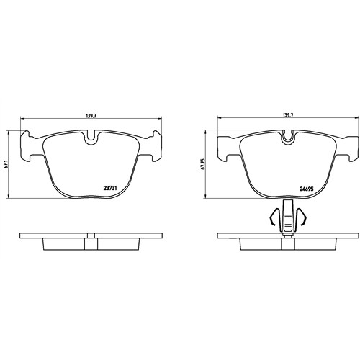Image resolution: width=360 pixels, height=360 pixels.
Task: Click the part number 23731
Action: (110, 189)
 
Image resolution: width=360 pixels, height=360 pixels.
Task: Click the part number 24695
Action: (307, 189)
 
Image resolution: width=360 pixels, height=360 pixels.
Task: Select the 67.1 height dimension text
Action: (7, 164)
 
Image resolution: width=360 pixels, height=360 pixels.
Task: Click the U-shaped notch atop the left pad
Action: (91, 138)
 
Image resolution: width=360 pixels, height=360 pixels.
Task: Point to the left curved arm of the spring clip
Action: (274, 216)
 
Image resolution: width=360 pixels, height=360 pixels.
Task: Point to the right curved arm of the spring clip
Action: (302, 216)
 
